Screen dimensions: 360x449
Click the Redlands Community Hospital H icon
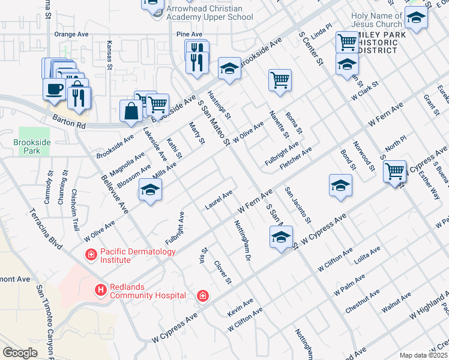[100, 291]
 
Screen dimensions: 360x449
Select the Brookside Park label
[27, 147]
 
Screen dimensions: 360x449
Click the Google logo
[20, 353]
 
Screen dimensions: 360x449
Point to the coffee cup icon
[54, 89]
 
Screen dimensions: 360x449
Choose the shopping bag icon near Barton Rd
[131, 112]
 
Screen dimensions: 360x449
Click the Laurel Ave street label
[218, 196]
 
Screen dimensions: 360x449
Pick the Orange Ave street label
[71, 35]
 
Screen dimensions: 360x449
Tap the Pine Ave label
[190, 35]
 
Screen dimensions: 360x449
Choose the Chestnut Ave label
[363, 302]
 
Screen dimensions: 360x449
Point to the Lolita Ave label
[367, 254]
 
